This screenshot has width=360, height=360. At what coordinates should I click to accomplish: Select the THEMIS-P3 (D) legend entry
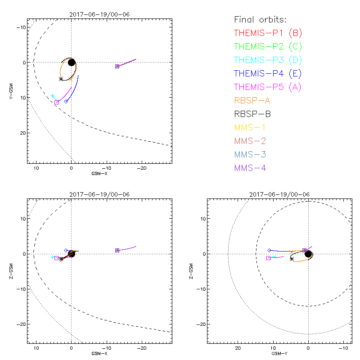(x=268, y=60)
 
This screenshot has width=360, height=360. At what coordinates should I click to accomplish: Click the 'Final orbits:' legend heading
(x=261, y=19)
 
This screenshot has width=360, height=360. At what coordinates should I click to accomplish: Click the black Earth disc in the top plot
(x=72, y=62)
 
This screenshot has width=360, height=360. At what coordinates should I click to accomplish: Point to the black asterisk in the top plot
(x=61, y=79)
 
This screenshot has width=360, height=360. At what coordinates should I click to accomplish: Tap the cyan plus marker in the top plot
(x=53, y=96)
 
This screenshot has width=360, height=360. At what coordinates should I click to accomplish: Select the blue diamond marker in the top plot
(x=66, y=101)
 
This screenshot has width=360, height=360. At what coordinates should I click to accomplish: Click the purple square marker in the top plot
(x=117, y=66)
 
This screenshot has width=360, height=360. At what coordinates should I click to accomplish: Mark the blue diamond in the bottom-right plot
(x=269, y=250)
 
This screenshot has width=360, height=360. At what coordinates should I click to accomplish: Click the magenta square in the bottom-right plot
(x=269, y=258)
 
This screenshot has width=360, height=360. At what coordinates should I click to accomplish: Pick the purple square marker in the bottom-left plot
(x=117, y=250)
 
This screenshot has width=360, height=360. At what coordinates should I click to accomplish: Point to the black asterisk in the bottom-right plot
(x=292, y=259)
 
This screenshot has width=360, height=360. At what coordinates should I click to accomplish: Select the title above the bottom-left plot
(x=99, y=194)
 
